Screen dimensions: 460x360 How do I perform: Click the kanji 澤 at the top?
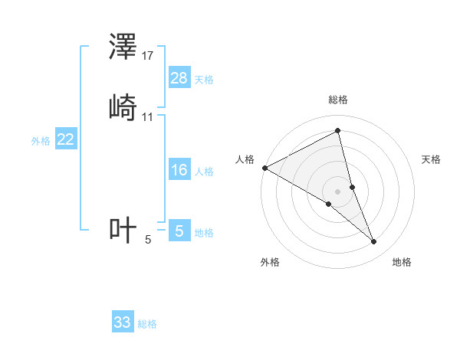point(123,48)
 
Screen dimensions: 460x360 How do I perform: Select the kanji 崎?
point(123,108)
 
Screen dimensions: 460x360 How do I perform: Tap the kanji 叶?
point(123,230)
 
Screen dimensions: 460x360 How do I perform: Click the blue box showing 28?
point(179,77)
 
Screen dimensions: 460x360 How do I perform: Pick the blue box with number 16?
point(179,170)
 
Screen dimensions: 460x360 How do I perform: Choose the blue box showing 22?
point(66,139)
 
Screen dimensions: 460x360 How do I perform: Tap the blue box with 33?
point(123,322)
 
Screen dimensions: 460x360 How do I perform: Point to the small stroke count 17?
point(148,56)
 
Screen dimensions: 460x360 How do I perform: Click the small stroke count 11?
point(148,117)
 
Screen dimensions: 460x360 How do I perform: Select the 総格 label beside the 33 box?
point(147,324)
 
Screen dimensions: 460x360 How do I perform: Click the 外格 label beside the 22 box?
point(40,141)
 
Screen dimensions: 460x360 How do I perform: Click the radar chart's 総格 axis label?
point(338,100)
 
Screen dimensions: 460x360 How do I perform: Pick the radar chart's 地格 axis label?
point(402,262)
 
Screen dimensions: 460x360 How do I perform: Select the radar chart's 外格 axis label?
point(270,262)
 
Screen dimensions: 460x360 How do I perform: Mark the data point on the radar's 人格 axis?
point(264,167)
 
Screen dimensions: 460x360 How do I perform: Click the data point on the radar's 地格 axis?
point(374,241)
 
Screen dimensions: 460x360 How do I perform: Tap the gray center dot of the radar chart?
point(338,191)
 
